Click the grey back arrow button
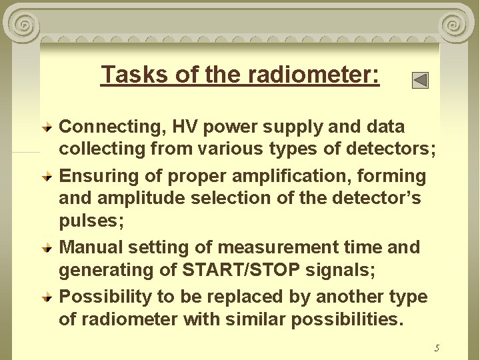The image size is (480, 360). point(420,81)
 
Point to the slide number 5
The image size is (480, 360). point(437,348)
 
